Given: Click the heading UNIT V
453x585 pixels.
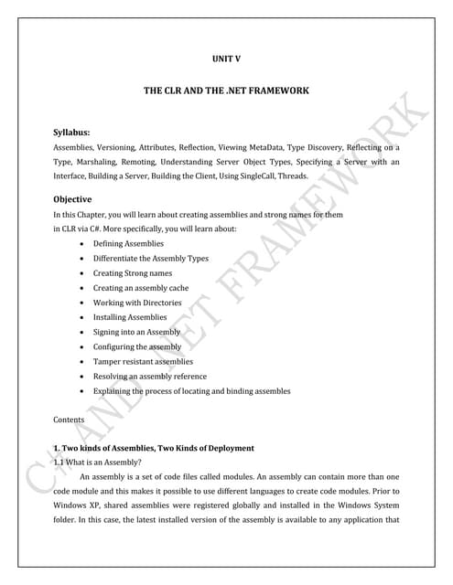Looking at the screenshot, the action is click(x=225, y=60).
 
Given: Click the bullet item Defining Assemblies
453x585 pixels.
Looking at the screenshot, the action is click(x=128, y=244).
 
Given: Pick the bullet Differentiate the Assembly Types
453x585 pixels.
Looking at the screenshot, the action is click(x=150, y=259).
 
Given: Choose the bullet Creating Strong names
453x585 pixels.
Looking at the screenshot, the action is click(x=132, y=273).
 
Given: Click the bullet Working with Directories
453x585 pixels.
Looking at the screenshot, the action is click(x=137, y=303).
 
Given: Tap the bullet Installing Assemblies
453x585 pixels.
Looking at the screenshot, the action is click(x=130, y=317).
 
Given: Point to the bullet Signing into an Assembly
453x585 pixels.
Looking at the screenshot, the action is click(x=136, y=332).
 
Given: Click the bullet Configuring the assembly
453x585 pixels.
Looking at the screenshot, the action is click(x=137, y=346).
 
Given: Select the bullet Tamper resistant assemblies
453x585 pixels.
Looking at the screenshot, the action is click(x=143, y=361).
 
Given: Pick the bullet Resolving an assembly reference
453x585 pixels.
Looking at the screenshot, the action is click(x=149, y=376).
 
